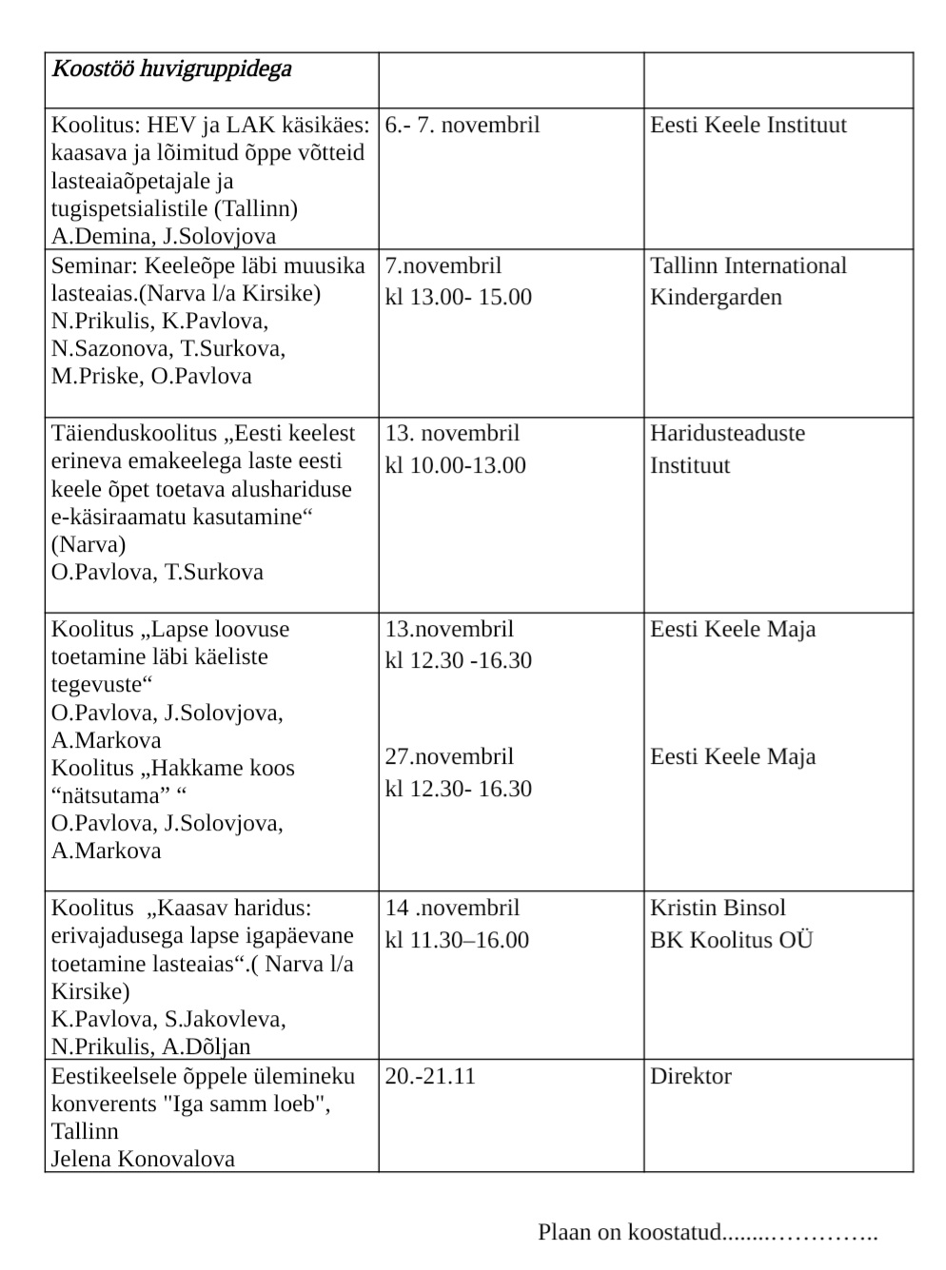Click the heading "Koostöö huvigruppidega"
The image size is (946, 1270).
171,69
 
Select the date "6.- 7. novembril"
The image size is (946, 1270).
462,125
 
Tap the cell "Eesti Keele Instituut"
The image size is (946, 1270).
747,125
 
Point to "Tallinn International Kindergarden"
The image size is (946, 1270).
747,281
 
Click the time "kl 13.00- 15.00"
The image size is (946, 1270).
458,297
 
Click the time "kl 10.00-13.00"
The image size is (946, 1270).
455,465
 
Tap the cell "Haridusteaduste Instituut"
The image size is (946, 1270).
727,449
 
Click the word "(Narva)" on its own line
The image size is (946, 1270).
89,544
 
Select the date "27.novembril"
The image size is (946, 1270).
449,756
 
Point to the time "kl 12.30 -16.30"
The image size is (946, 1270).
458,660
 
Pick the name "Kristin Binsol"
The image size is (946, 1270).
718,908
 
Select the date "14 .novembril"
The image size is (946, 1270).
452,908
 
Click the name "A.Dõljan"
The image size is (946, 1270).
207,1046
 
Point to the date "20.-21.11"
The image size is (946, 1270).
430,1076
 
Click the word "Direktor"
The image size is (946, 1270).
690,1076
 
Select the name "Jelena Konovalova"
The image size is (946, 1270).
143,1159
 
